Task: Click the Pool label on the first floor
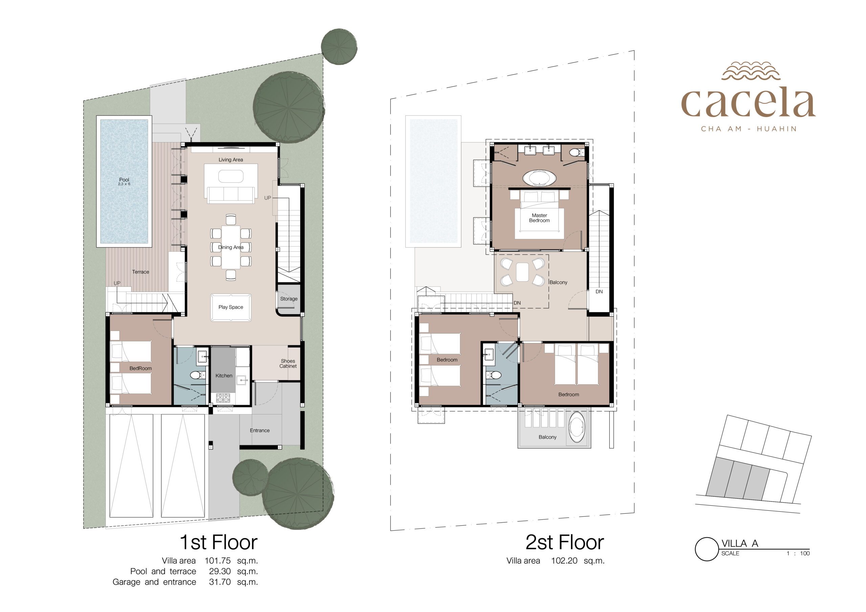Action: [x=124, y=180]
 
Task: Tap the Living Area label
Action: [x=231, y=160]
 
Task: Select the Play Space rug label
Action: [x=231, y=307]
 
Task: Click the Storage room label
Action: [x=289, y=299]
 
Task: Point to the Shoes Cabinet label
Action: [x=288, y=363]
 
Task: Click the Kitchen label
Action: [x=224, y=376]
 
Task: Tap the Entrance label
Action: [x=260, y=431]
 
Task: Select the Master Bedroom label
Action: [x=539, y=218]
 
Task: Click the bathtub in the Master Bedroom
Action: [x=539, y=178]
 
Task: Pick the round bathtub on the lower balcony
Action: [x=577, y=427]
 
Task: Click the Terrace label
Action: [x=141, y=272]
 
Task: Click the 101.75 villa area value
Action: [x=218, y=561]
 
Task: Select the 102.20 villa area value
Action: [x=564, y=561]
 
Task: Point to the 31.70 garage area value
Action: [x=220, y=582]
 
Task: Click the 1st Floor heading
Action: [x=219, y=542]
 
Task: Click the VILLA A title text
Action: [x=739, y=543]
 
